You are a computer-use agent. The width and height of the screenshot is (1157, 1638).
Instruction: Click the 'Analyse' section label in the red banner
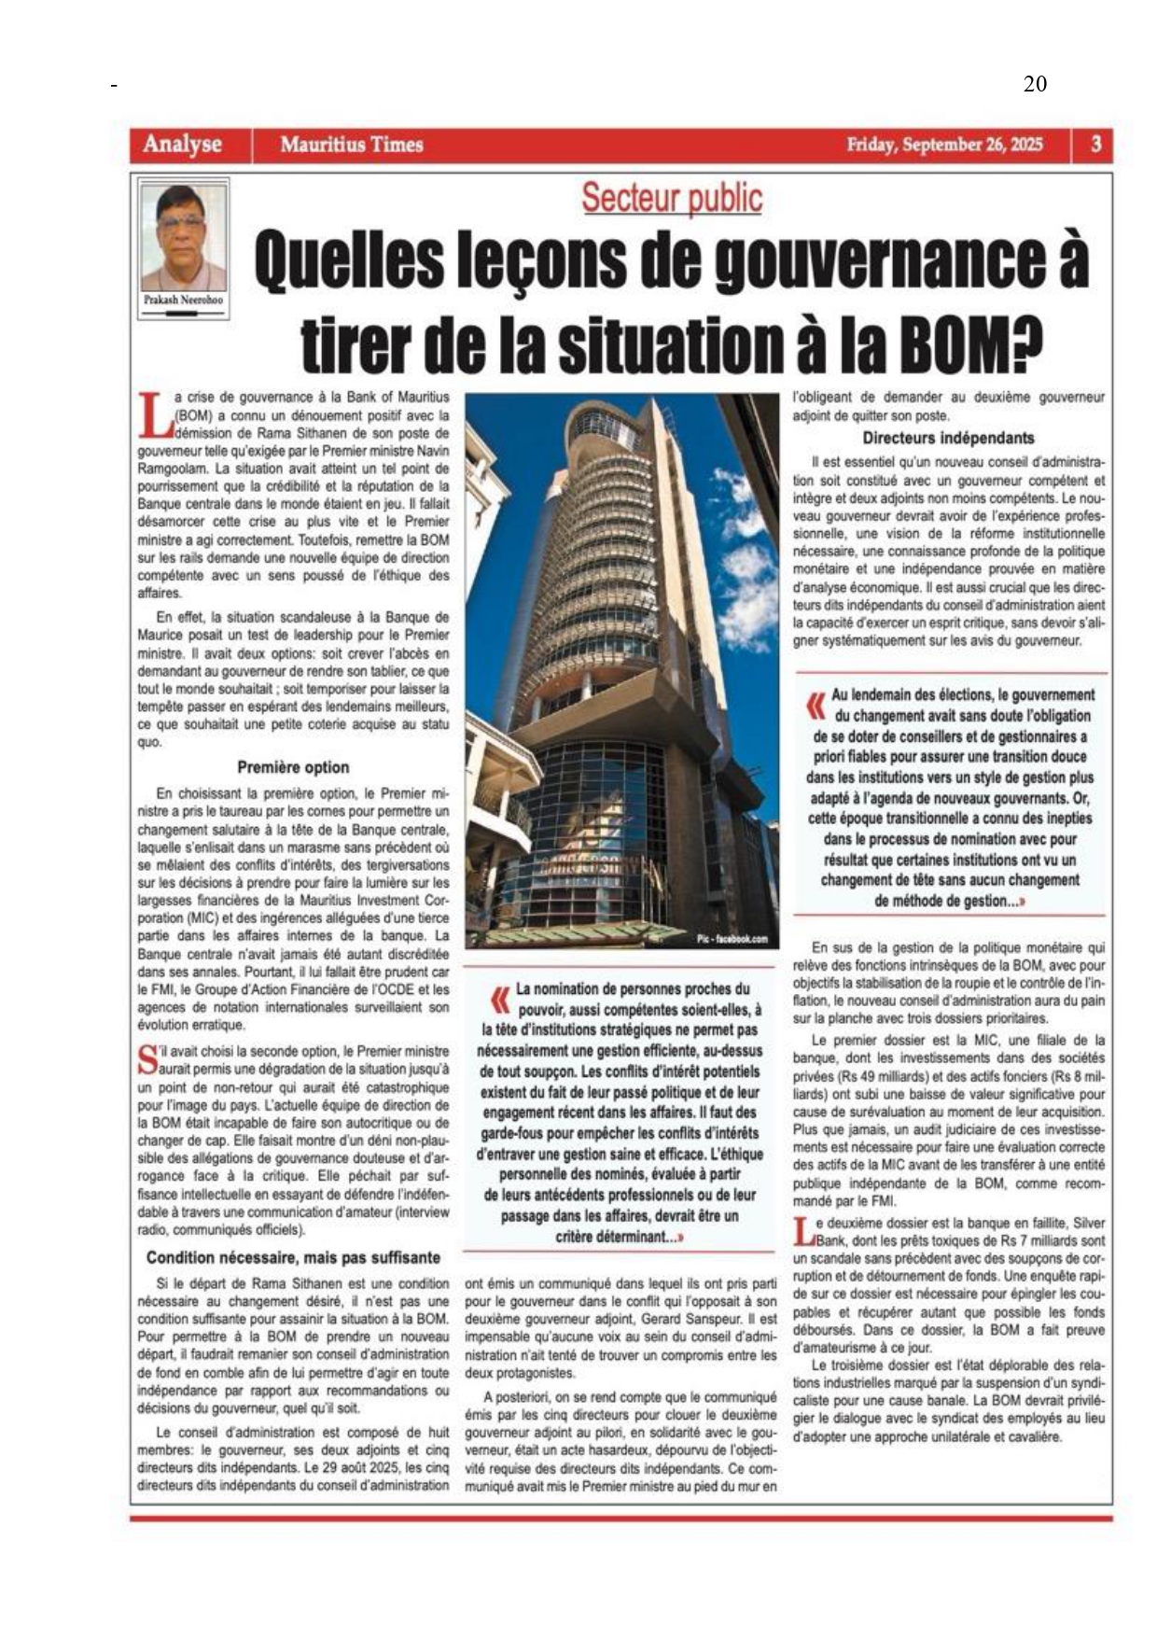(x=182, y=145)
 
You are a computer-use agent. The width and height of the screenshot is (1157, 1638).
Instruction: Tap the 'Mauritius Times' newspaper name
(x=352, y=145)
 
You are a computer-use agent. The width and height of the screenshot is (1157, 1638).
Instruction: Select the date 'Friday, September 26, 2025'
(x=944, y=145)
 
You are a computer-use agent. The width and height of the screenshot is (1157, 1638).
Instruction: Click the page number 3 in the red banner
(x=1096, y=145)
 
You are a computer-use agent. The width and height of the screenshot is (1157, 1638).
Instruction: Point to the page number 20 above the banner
(x=1035, y=84)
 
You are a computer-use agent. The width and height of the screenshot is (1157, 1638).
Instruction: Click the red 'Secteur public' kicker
(x=672, y=198)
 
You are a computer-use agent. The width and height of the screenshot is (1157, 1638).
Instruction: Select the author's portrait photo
(x=183, y=238)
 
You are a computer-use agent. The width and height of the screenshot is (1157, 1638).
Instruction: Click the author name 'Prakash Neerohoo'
(x=183, y=300)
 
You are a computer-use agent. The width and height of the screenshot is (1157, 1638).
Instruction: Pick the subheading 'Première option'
(x=293, y=767)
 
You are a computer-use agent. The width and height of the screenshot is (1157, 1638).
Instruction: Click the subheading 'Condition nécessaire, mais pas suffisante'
(x=293, y=1257)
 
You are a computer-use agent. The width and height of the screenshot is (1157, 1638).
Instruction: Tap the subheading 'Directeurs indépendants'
(x=948, y=438)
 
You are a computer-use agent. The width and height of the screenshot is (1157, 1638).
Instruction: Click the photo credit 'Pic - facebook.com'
(x=732, y=939)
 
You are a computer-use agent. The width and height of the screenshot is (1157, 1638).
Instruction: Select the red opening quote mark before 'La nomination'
(x=501, y=1000)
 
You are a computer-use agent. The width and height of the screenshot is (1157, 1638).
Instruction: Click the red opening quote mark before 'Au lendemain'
(x=816, y=705)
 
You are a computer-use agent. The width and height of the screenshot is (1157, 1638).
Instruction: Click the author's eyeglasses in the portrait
(x=181, y=225)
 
